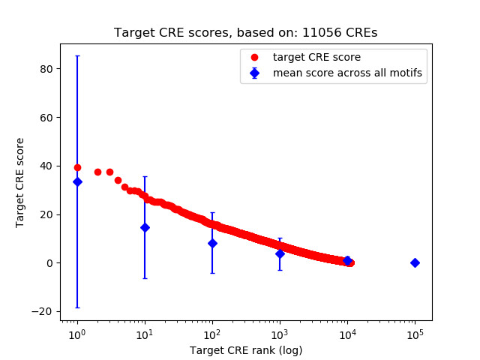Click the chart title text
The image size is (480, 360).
pyautogui.click(x=245, y=33)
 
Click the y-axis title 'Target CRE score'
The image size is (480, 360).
pyautogui.click(x=20, y=182)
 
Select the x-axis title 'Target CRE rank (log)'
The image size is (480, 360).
pyautogui.click(x=245, y=349)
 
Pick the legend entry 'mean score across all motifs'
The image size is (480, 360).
pyautogui.click(x=347, y=73)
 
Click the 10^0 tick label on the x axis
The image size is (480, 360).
pyautogui.click(x=76, y=334)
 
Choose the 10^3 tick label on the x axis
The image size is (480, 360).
pyautogui.click(x=280, y=334)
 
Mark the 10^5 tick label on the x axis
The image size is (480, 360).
pyautogui.click(x=415, y=334)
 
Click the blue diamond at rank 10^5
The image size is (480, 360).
pyautogui.click(x=415, y=262)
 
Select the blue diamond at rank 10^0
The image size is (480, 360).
pyautogui.click(x=77, y=181)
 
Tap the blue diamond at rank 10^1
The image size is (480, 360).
pyautogui.click(x=145, y=227)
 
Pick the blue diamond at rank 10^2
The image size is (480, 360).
pyautogui.click(x=212, y=243)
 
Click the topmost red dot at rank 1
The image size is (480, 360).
pyautogui.click(x=77, y=167)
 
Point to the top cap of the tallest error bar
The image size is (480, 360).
pyautogui.click(x=77, y=55)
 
